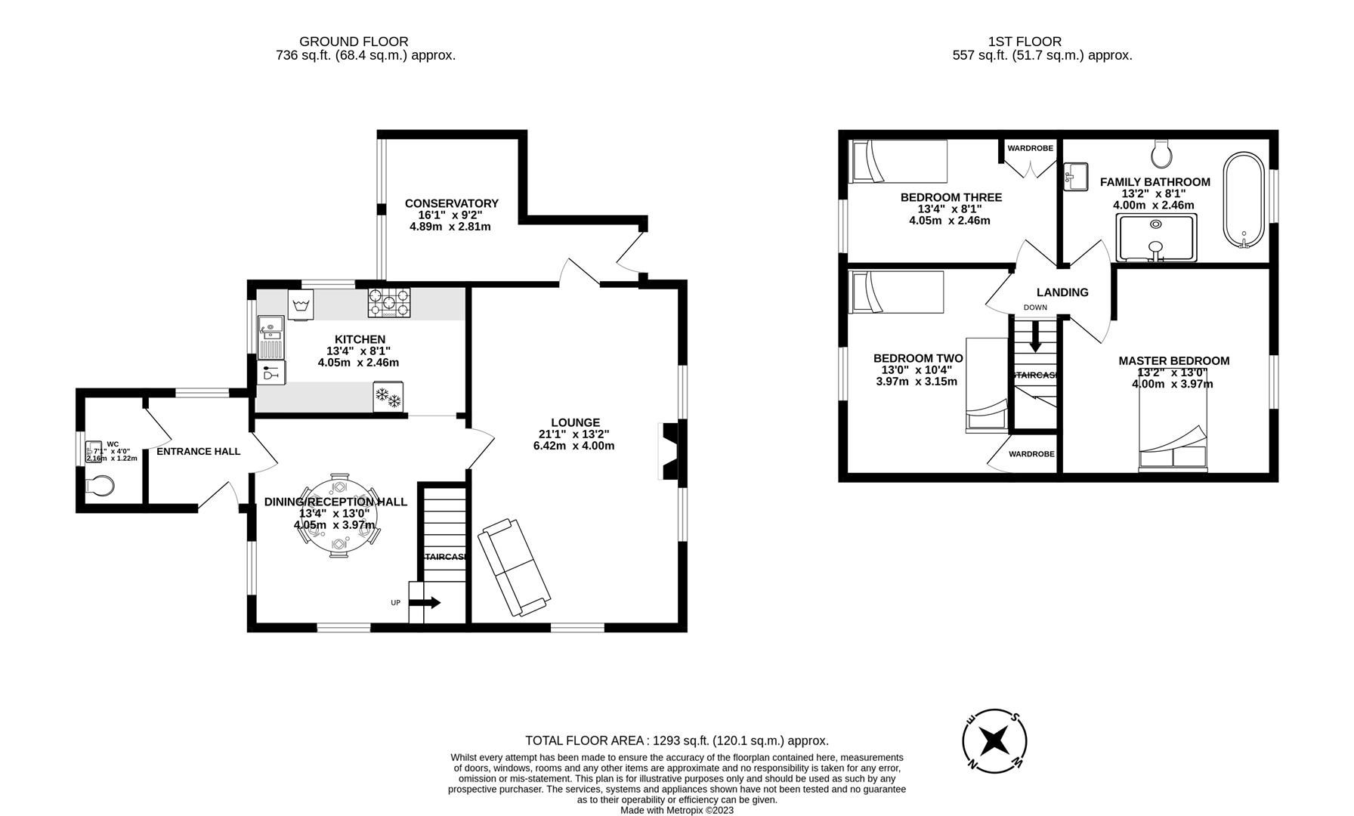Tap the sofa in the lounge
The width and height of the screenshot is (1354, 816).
click(515, 567)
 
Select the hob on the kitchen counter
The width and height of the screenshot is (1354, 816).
click(389, 303)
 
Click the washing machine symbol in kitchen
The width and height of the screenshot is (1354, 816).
click(301, 306)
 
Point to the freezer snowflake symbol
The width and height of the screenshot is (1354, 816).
click(388, 397)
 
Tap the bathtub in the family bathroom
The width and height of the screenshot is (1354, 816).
click(1243, 200)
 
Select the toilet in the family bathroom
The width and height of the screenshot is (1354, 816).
click(1162, 154)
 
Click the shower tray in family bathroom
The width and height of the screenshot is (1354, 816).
click(1156, 237)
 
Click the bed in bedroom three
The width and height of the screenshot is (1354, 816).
click(898, 161)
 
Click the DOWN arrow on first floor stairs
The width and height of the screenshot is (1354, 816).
click(1035, 336)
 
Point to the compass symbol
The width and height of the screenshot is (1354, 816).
click(994, 740)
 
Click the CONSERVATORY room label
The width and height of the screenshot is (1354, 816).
click(451, 203)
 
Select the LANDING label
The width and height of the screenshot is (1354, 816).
click(1062, 292)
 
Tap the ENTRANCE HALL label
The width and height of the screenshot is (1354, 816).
click(198, 451)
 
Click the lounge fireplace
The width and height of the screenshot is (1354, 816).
click(669, 451)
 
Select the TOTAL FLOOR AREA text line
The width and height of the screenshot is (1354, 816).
click(676, 740)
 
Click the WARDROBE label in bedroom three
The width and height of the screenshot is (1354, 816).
click(1030, 148)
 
